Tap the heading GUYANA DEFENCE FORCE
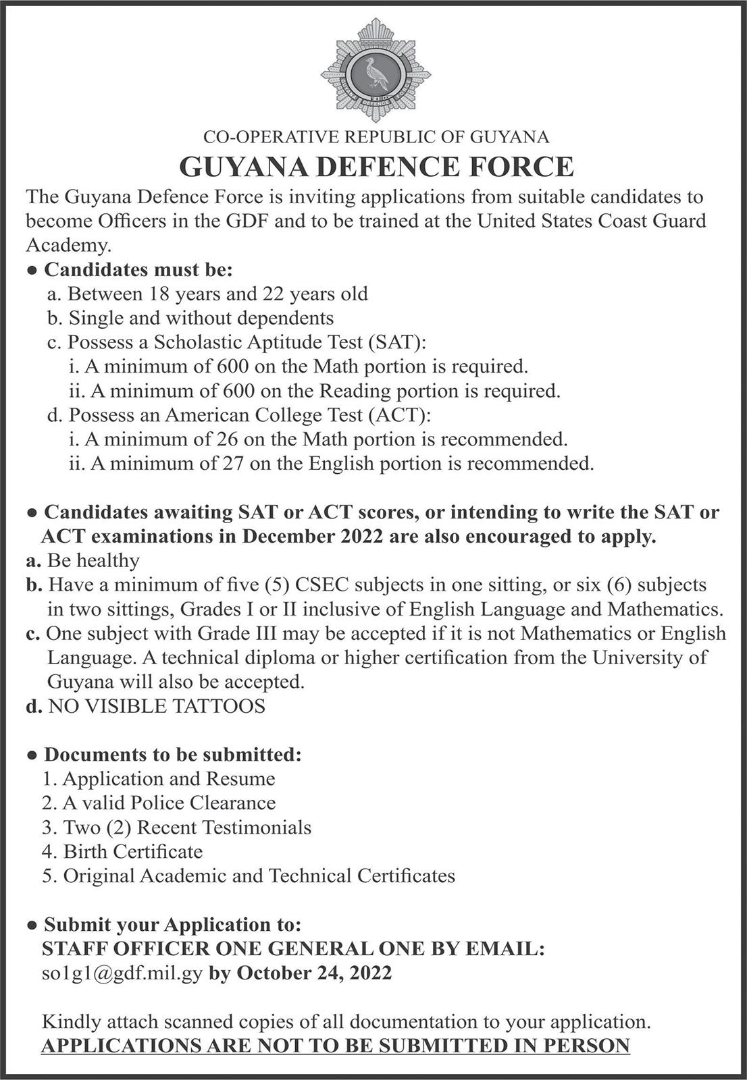[376, 167]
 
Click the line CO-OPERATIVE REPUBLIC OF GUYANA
[376, 137]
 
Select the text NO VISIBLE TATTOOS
[157, 706]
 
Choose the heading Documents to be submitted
[172, 755]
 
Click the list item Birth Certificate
[133, 851]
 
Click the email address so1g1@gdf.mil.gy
[122, 973]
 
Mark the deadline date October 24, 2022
[315, 973]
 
